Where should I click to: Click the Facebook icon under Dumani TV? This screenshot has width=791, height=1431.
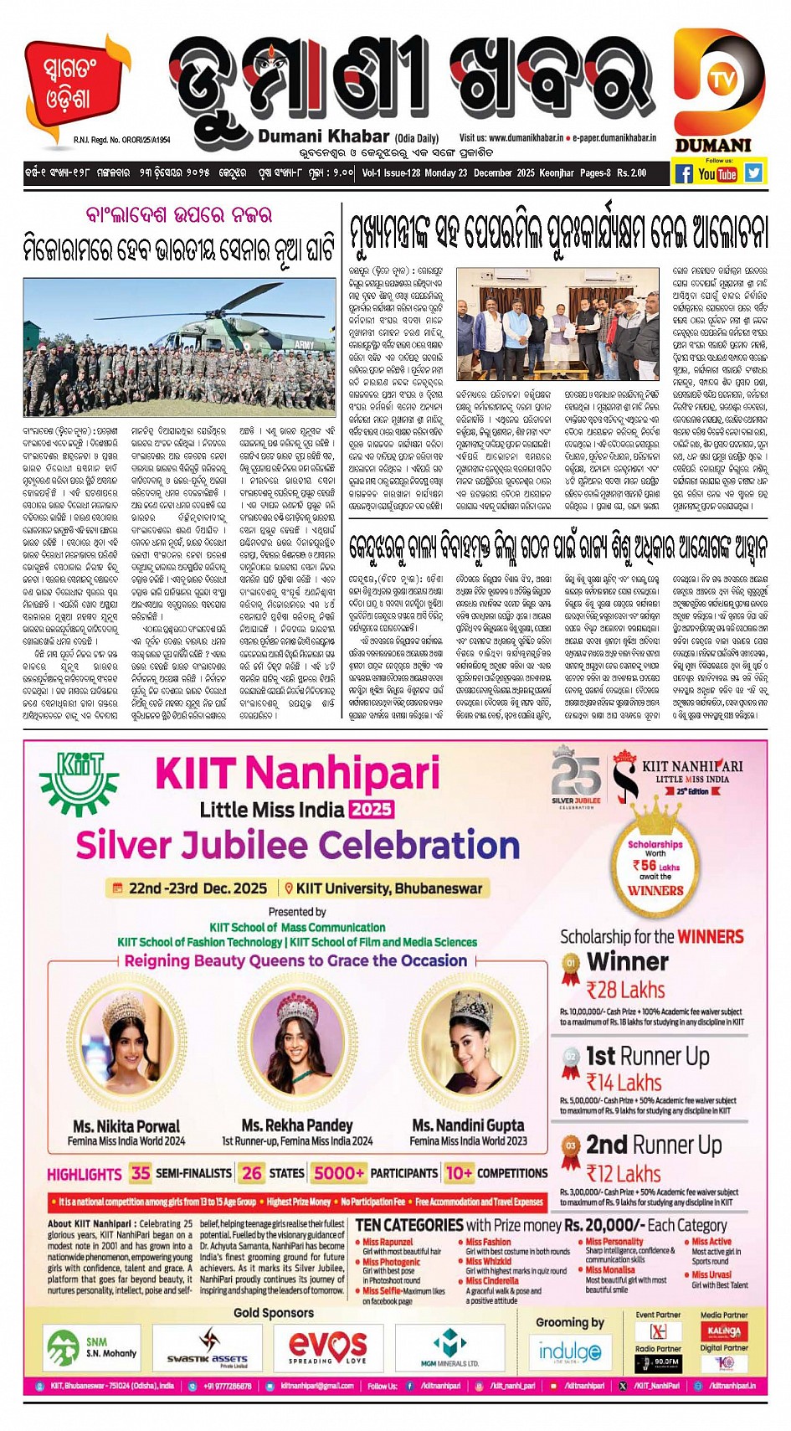point(684,173)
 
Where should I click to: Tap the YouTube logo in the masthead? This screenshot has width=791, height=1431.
point(717,173)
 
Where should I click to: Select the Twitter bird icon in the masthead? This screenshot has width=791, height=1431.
point(753,172)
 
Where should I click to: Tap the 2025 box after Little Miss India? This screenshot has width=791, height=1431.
point(372,809)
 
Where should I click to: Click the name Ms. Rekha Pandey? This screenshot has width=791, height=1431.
point(297,1125)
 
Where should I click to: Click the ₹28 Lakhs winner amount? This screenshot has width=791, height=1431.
point(625,991)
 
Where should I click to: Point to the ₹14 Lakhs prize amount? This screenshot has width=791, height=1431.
point(624,1083)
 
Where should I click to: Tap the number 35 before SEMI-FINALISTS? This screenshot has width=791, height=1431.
point(141,1172)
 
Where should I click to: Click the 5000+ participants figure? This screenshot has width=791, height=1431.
point(339,1172)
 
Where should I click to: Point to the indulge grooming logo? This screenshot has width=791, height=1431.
point(569,1351)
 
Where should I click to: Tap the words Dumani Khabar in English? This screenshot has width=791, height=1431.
point(323,136)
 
